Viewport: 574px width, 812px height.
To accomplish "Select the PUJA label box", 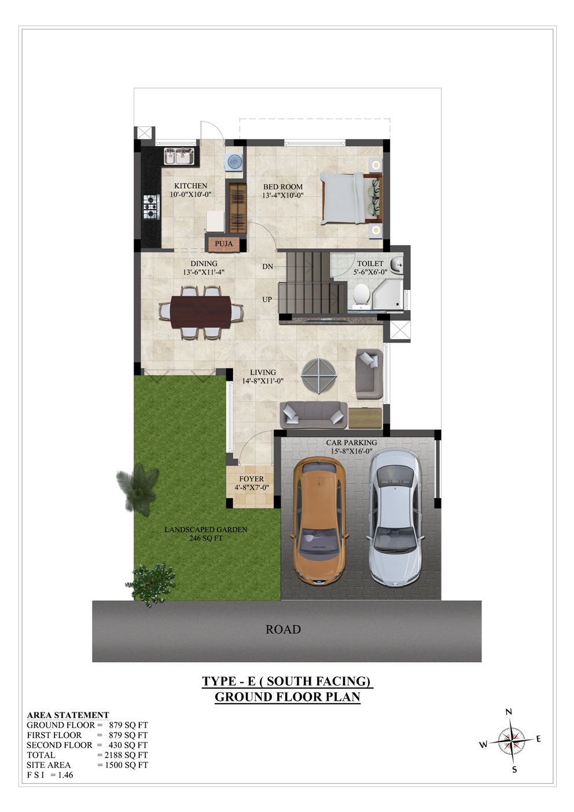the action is (x=224, y=244).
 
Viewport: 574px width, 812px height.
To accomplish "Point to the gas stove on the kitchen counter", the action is (x=151, y=207).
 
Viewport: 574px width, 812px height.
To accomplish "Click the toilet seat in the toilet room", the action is (x=360, y=295).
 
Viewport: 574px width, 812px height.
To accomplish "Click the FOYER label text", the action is (x=252, y=479).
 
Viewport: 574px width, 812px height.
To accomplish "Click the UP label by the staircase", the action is (x=267, y=300).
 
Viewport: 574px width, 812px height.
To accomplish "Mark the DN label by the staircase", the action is (x=268, y=267).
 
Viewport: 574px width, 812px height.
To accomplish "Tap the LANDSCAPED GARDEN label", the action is (x=206, y=529).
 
